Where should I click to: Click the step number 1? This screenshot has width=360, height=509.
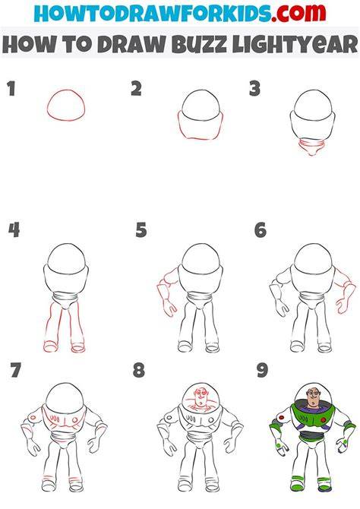pos(11,89)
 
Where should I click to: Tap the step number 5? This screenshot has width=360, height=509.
pos(141,230)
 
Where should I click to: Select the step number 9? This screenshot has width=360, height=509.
pos(262,370)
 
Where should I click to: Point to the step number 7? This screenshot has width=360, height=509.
pos(16,370)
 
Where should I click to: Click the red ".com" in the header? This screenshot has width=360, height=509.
pos(298,14)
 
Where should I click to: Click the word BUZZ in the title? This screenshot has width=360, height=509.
pos(199,44)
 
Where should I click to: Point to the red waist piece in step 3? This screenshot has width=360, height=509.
pos(311,147)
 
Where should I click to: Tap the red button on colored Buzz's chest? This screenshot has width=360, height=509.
pos(324,420)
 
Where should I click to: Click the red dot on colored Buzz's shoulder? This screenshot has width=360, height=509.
pos(282,418)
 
